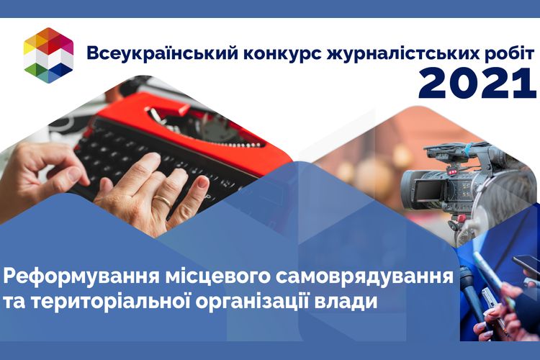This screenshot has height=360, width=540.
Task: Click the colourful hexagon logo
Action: pyautogui.click(x=48, y=55)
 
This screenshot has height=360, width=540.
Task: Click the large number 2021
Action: pyautogui.click(x=477, y=83)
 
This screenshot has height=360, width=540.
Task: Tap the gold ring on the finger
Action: pyautogui.click(x=162, y=201)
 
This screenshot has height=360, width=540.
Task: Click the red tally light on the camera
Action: pyautogui.click(x=453, y=171)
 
